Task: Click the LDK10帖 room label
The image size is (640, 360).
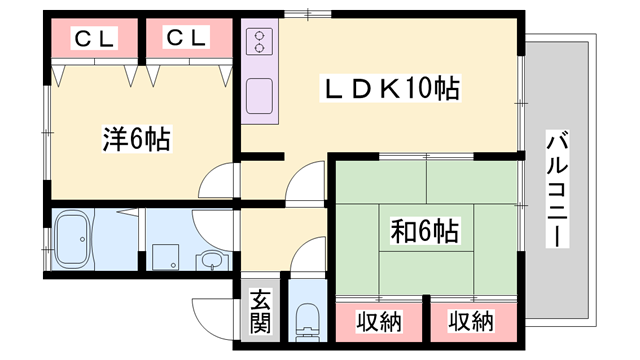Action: coord(392,88)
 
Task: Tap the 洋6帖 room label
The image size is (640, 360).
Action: coord(136,139)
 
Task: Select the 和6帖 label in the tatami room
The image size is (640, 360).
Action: coord(424,231)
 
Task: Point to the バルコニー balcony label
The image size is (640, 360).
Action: coord(557,189)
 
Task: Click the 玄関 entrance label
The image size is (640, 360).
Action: coord(260,312)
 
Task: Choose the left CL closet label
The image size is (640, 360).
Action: coord(94,38)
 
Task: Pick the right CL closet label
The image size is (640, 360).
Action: coord(186,38)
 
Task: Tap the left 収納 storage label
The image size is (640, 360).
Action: coord(379,322)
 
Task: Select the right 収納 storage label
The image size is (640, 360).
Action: coord(471,321)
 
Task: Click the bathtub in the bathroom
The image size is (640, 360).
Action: coord(73,239)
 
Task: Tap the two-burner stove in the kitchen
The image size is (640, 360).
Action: coord(260,42)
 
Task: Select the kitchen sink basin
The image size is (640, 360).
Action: coord(260,96)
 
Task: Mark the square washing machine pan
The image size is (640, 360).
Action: coord(165,257)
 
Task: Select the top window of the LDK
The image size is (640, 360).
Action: coord(308,14)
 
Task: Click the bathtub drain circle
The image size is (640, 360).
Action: coord(83,239)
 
